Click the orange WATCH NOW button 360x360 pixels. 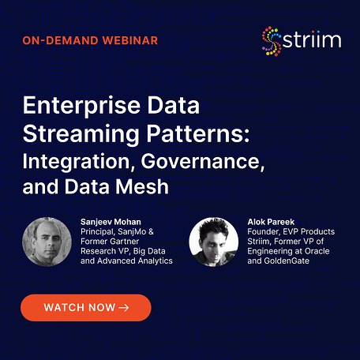[86, 308]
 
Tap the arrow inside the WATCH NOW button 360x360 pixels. [124, 308]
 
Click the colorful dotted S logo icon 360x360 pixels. [272, 41]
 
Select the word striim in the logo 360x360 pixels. [312, 40]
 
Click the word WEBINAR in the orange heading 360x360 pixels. [130, 40]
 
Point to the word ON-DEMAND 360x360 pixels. [60, 40]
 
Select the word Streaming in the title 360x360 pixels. [81, 134]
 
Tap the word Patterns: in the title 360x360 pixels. [198, 133]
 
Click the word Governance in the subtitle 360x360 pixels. [203, 161]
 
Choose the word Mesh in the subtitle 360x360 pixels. [142, 186]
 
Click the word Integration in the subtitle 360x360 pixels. [77, 162]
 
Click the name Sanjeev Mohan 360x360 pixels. [111, 222]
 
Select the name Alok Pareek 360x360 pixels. [271, 222]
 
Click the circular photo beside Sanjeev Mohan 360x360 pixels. [47, 242]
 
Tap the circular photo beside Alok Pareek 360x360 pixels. [214, 242]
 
